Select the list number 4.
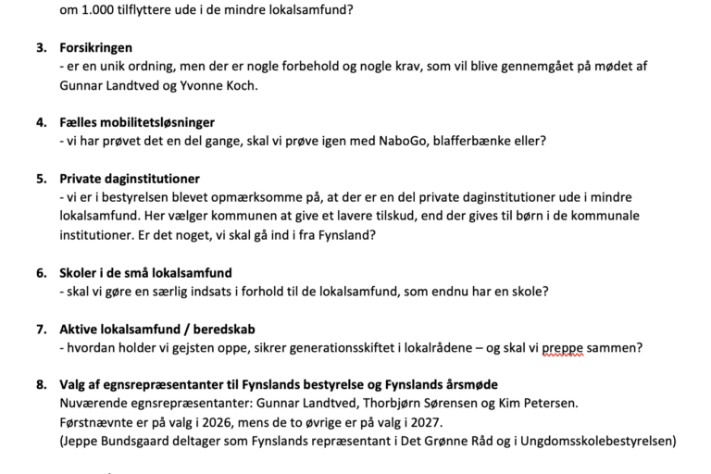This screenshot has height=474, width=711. tap(41, 122)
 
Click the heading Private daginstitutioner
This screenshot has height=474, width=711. tap(130, 179)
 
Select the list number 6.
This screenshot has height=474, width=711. tap(41, 273)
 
